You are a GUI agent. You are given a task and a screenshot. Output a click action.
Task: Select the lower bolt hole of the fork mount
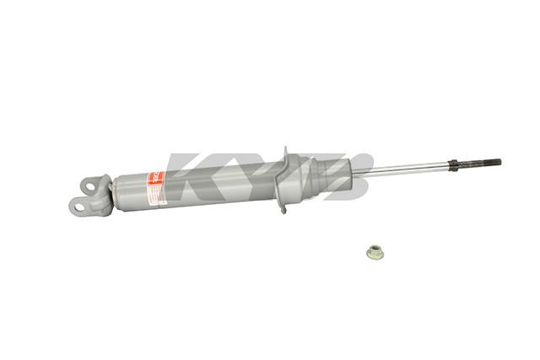click(x=77, y=203)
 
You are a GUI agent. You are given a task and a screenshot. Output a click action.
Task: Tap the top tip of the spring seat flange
click(x=284, y=151)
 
